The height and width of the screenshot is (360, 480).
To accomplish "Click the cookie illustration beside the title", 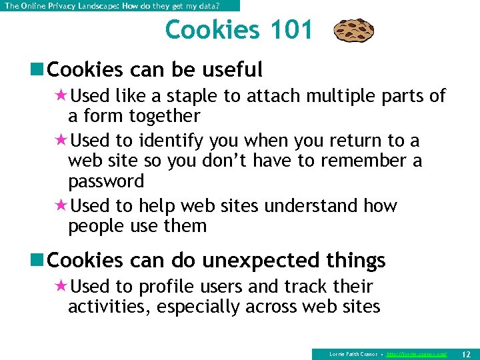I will click(353, 31).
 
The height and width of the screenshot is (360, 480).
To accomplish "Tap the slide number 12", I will click(466, 353).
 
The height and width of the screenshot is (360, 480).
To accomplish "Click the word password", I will click(105, 181).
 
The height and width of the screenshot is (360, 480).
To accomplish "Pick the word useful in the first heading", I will click(231, 69).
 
